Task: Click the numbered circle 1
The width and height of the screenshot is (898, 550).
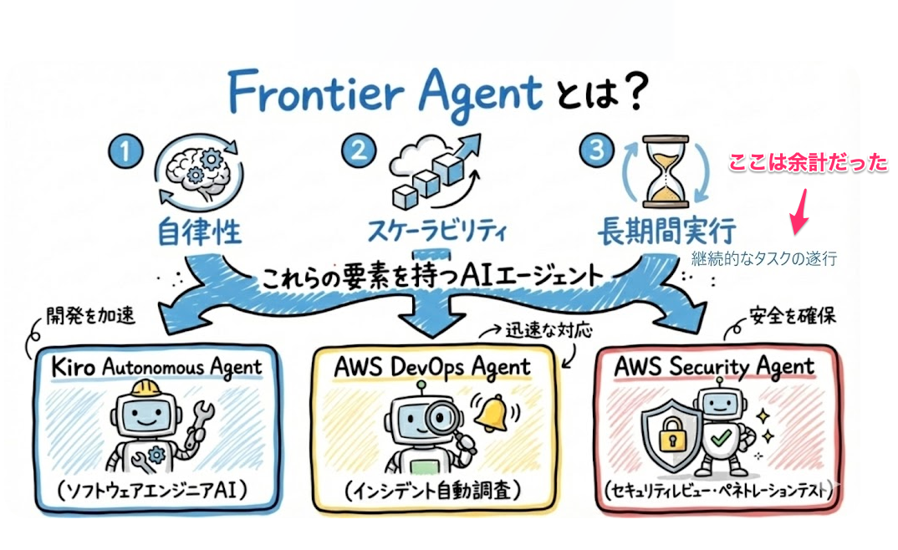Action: tap(123, 152)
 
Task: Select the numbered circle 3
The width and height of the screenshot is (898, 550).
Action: tap(595, 151)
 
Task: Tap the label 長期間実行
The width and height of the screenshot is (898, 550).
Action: tap(666, 230)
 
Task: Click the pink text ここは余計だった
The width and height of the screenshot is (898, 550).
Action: tap(808, 164)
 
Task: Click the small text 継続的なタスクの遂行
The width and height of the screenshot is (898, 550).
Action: tap(763, 259)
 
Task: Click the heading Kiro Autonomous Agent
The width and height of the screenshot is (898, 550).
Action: tap(156, 365)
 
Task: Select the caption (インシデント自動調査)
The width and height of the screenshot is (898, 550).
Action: tap(433, 490)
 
